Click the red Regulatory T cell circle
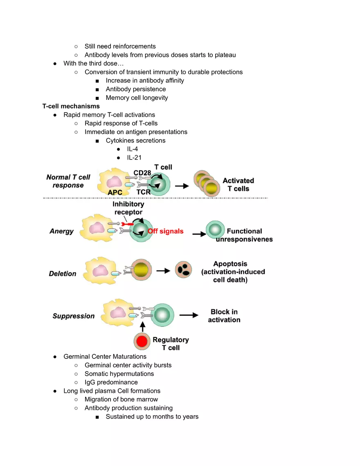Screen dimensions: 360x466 click(142, 341)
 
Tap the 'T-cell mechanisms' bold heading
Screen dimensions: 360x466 click(71, 106)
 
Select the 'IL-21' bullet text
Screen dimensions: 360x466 click(134, 158)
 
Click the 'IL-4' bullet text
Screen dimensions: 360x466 click(132, 149)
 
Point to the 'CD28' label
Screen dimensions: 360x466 click(142, 173)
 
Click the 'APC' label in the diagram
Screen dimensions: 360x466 click(115, 192)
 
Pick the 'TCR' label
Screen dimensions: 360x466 click(143, 192)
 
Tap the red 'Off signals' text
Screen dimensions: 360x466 click(166, 231)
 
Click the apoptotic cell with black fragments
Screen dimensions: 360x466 click(183, 270)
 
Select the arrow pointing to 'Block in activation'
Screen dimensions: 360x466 click(189, 315)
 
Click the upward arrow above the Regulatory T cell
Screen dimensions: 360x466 click(143, 326)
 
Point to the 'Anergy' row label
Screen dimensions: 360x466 click(61, 231)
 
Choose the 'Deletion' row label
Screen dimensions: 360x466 click(63, 273)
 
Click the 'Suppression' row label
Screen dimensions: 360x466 click(73, 316)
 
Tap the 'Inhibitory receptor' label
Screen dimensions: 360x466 click(128, 208)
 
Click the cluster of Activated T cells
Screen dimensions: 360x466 click(207, 183)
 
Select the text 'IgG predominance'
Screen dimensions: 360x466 click(111, 382)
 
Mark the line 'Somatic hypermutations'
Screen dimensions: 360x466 click(119, 374)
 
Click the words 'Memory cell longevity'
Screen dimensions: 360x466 click(137, 98)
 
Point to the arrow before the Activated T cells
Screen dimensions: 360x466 click(182, 186)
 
